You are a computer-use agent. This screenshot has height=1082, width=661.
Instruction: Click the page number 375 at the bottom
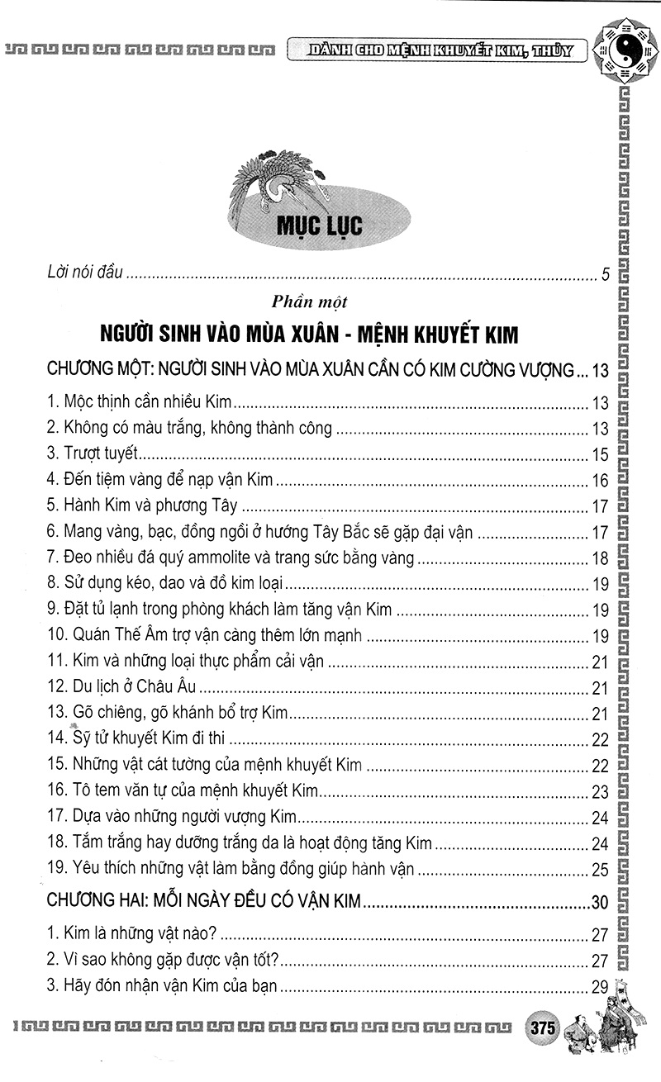coord(543,1029)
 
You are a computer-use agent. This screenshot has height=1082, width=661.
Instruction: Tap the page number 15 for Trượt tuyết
coord(601,454)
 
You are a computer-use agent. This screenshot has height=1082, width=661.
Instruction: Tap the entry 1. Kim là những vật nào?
coord(132,934)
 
